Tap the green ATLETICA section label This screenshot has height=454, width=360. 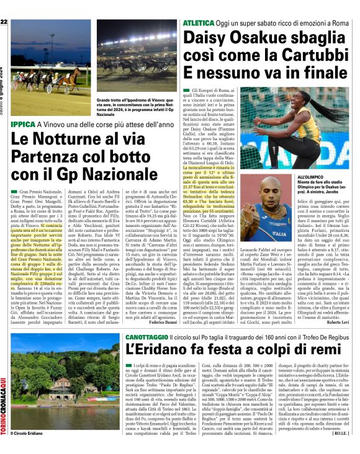tap(199, 23)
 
